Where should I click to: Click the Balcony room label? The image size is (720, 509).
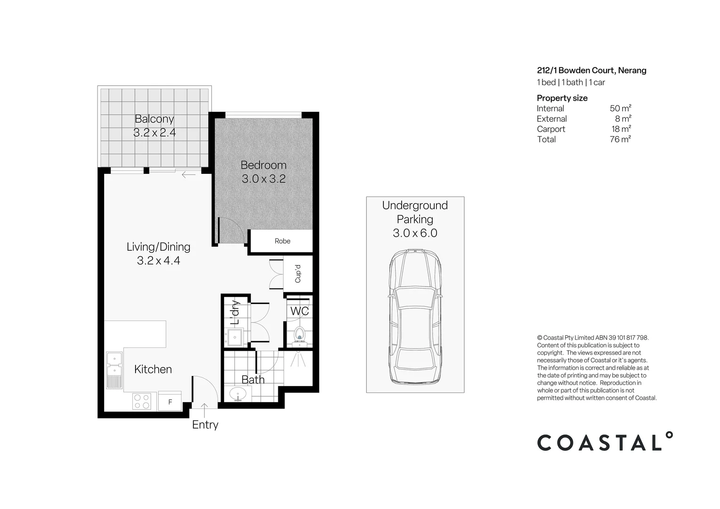154,119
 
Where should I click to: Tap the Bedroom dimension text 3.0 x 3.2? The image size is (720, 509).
263,179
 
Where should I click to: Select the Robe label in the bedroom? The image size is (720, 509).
283,241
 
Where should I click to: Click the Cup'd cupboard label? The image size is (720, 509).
298,274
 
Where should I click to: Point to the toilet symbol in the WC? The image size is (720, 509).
299,335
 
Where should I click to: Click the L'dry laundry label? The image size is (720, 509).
235,313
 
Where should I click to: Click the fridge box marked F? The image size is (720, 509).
170,402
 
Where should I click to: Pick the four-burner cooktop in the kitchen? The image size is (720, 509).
142,401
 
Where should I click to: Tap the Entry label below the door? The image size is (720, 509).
205,425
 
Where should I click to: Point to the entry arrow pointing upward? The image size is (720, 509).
205,408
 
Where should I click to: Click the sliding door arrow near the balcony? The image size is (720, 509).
188,175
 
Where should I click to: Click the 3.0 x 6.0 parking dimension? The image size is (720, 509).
415,233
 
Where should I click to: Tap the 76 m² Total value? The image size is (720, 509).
620,139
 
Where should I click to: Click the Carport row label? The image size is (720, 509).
551,129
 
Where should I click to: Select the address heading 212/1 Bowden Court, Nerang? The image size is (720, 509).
591,70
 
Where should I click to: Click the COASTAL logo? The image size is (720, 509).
605,442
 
